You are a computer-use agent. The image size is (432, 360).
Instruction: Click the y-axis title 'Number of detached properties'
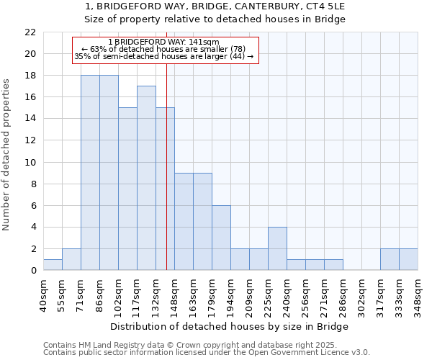(6, 155)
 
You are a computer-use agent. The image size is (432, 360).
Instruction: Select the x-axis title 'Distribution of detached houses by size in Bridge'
(230, 326)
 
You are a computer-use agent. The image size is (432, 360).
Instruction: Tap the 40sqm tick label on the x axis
(44, 295)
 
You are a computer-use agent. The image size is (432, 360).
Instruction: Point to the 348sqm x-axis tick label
(418, 295)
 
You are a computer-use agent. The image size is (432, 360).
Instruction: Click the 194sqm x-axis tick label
(231, 295)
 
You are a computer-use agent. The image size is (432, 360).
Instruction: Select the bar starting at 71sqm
(90, 173)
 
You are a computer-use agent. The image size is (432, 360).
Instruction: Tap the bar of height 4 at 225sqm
(277, 248)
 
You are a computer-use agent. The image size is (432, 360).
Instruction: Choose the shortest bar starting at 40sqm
(53, 265)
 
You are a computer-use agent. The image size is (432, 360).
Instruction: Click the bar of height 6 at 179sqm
(221, 238)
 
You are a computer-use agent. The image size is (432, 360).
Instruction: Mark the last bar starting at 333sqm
(408, 259)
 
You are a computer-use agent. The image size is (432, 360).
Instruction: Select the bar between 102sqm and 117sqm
(127, 189)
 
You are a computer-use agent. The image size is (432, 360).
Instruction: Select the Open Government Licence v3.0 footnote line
(207, 353)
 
